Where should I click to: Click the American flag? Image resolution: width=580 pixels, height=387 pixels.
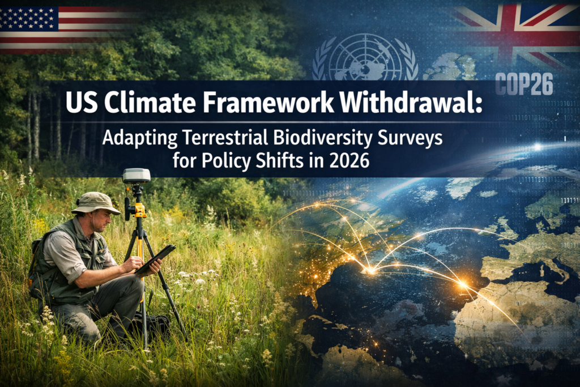click(62, 28)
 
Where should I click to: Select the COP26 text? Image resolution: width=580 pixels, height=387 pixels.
click(524, 84)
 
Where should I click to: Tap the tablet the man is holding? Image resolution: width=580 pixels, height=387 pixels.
click(156, 258)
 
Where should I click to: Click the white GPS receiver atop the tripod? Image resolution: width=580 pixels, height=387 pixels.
click(137, 176)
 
